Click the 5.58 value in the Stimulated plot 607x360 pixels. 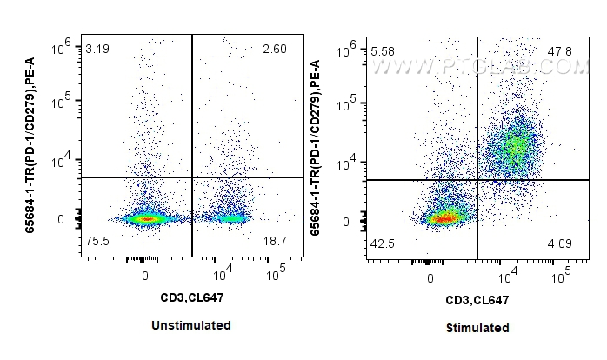coord(384,53)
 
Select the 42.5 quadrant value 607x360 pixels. coord(384,244)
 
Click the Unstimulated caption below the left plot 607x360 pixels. coord(192,325)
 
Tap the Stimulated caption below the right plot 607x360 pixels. coord(477,328)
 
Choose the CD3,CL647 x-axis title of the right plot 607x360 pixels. coord(477,300)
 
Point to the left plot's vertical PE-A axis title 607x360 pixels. coord(41,143)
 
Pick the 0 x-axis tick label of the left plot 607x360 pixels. coord(144,276)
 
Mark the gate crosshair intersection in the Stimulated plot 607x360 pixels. coord(477,180)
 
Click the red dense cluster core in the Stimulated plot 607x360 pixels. coord(444,217)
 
